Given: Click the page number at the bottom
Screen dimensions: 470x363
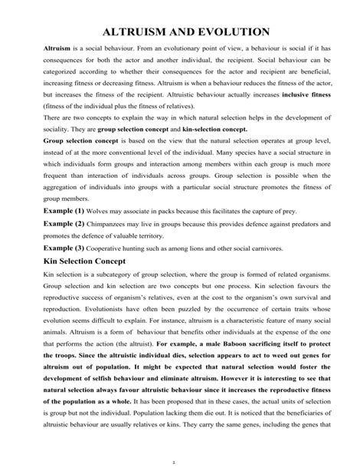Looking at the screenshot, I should click(x=182, y=462).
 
